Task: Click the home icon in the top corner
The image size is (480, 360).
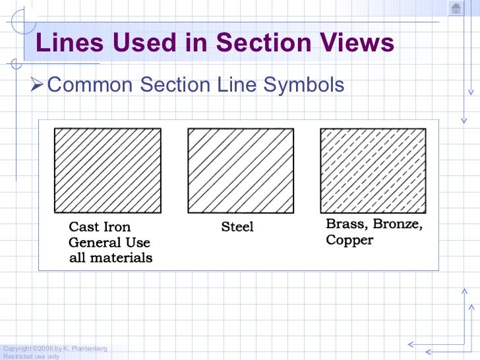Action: (456, 8)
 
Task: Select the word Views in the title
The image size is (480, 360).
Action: (357, 44)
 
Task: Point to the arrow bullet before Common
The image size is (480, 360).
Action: (38, 85)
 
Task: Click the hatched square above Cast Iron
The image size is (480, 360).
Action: (107, 170)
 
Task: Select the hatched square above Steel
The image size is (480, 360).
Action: (241, 170)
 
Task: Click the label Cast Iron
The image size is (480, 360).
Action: (100, 227)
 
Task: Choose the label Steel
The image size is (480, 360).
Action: (237, 227)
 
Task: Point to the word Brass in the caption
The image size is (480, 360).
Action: (347, 224)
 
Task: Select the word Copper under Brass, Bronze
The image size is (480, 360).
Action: (349, 239)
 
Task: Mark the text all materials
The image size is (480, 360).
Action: (111, 258)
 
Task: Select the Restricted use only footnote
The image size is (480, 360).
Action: (31, 356)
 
